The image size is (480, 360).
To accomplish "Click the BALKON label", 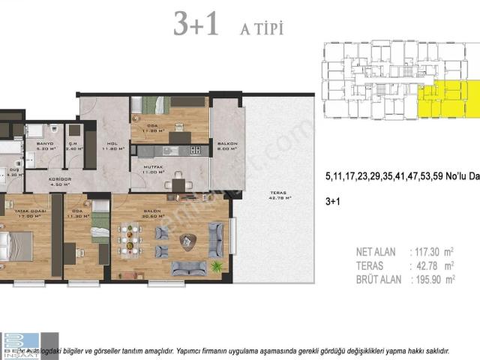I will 227,145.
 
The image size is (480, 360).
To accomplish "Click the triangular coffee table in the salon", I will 187,240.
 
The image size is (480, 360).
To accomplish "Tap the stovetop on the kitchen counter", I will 195,150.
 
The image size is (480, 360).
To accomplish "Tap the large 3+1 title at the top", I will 196,24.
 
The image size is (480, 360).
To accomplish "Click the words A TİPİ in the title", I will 261,28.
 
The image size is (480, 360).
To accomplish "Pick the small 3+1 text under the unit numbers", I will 332,202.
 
